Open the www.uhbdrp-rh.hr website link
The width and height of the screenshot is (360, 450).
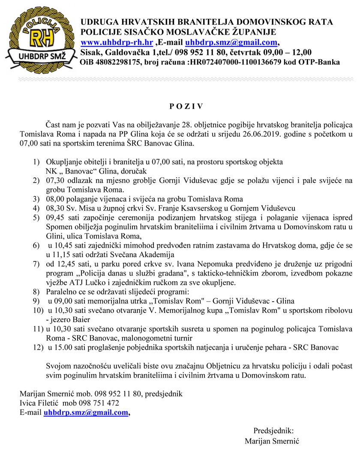pyautogui.click(x=117, y=42)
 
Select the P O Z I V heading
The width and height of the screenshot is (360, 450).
pyautogui.click(x=180, y=105)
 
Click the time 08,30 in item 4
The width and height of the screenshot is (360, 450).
pyautogui.click(x=54, y=208)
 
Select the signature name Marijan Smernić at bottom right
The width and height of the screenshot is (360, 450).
pyautogui.click(x=272, y=441)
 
